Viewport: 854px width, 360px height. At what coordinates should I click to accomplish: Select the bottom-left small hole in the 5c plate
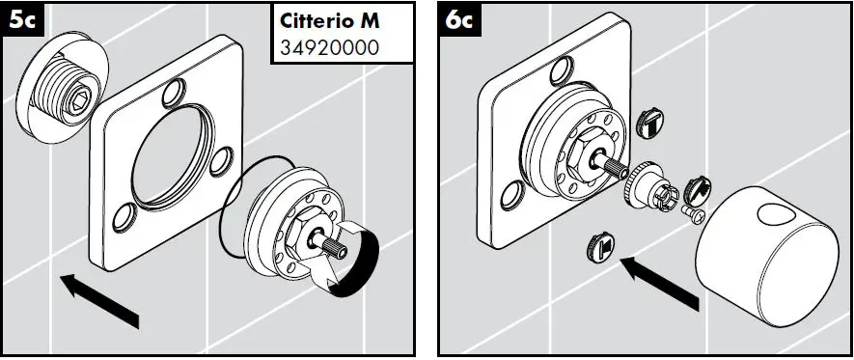(124, 218)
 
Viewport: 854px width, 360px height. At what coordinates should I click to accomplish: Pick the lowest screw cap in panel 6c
(596, 249)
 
